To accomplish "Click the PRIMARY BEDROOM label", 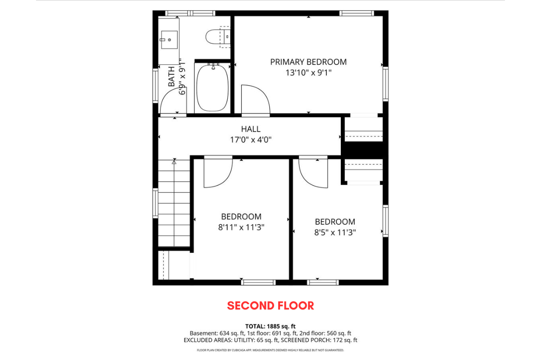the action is point(308,62).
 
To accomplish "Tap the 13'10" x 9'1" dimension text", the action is point(308,73).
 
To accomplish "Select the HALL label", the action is point(251,129).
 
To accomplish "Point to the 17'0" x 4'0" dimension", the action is point(251,140).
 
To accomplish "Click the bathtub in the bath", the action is point(212,88).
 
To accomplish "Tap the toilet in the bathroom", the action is point(218,37).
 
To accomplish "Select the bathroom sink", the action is point(169,40).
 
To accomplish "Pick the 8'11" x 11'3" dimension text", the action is point(241,228).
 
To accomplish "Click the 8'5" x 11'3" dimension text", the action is point(335,232).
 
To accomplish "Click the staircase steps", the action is point(174,203).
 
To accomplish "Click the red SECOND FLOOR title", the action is point(270,305).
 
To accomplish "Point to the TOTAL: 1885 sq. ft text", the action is point(270,327).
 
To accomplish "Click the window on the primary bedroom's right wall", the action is point(386,84).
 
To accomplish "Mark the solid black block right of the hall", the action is point(363,150).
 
